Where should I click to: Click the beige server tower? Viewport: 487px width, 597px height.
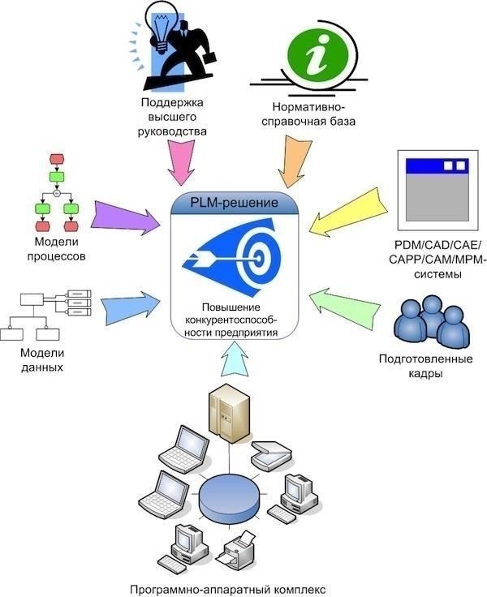[x=228, y=414]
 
